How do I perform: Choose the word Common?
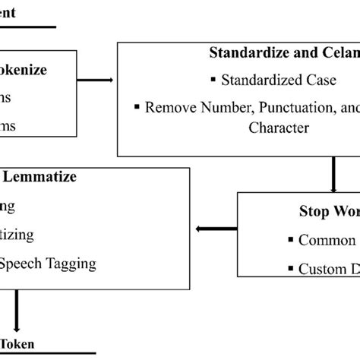(x=327, y=240)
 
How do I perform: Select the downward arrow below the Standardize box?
(x=333, y=175)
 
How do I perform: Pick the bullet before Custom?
(x=291, y=267)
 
